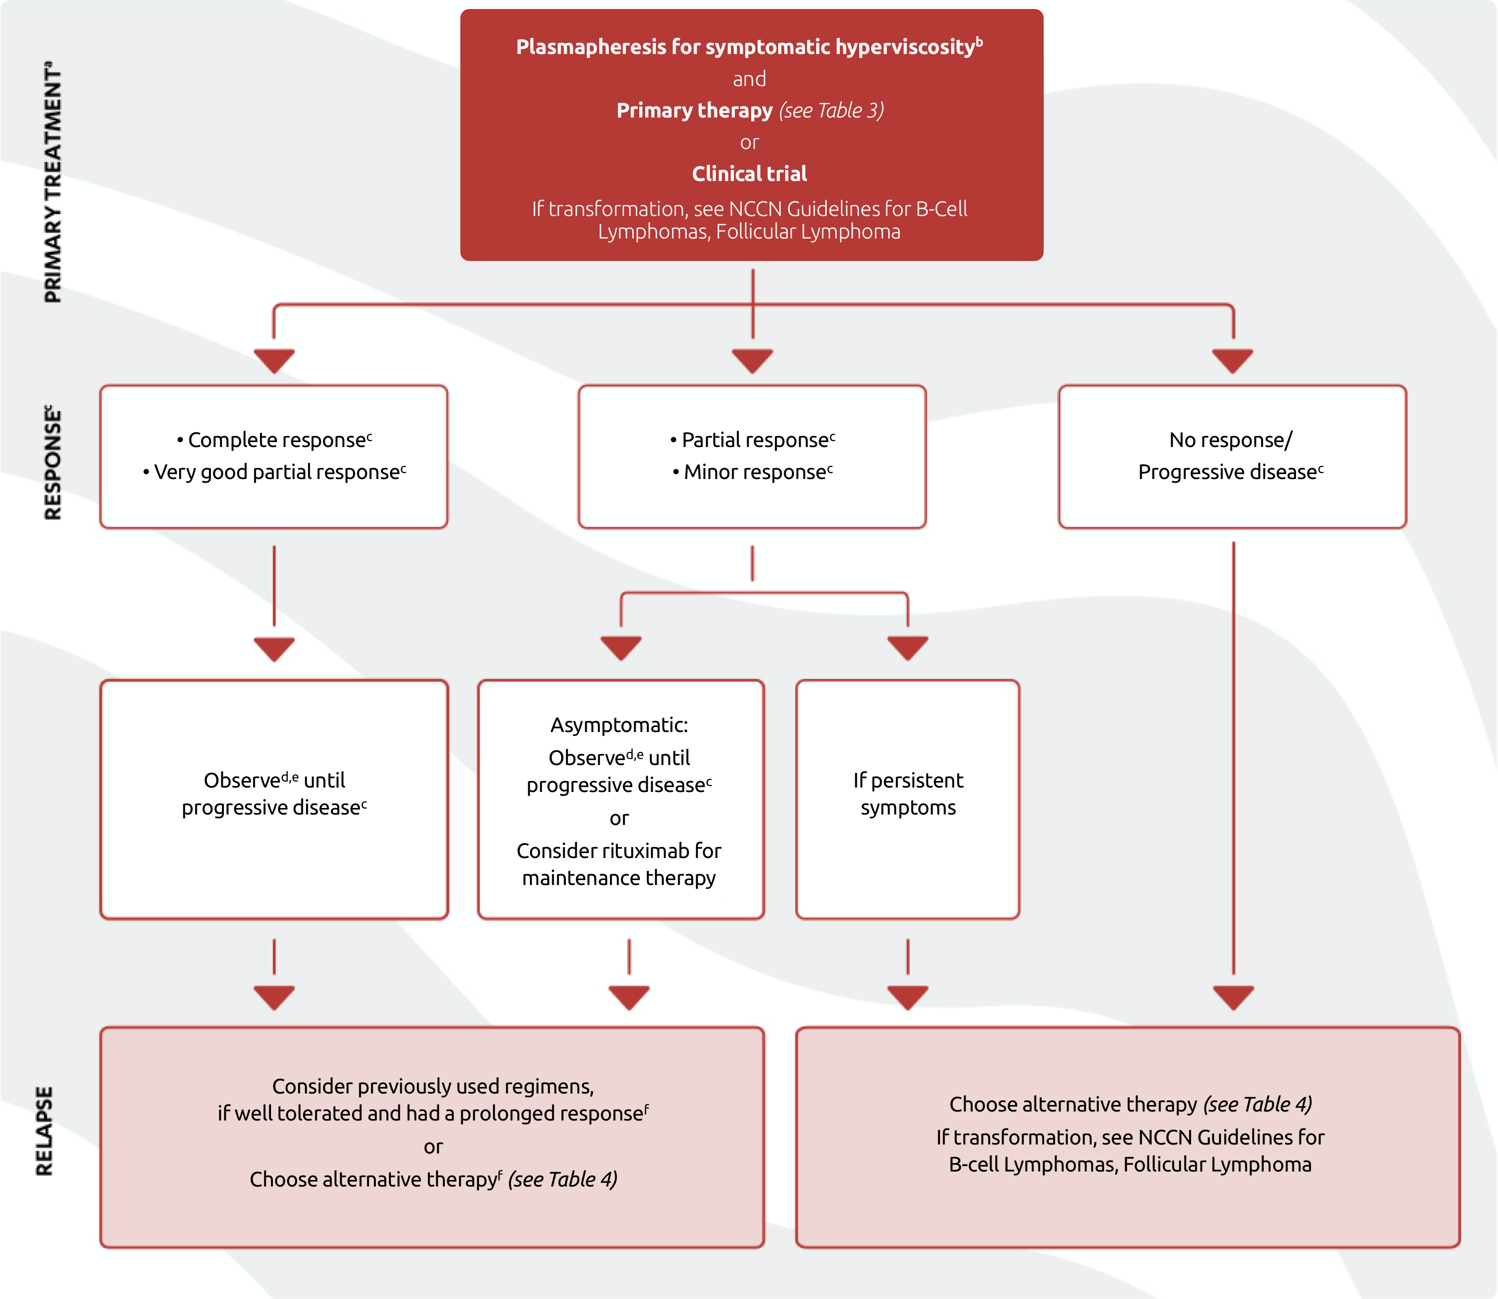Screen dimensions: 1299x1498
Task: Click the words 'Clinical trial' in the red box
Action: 749,174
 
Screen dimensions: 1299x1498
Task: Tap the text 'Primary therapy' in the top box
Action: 694,110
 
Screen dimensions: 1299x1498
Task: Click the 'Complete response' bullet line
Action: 275,440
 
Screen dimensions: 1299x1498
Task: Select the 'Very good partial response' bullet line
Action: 275,472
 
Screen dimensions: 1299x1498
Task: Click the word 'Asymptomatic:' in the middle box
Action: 619,725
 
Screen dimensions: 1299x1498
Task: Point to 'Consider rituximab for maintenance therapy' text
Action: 619,864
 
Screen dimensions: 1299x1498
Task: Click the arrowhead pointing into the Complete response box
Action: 274,360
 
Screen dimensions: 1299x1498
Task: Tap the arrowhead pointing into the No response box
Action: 1232,360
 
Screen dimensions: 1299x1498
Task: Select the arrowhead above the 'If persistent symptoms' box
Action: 907,647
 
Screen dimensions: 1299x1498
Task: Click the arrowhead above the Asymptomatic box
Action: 621,647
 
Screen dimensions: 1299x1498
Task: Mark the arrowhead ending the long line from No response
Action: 1233,996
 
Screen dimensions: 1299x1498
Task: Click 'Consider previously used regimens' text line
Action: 433,1086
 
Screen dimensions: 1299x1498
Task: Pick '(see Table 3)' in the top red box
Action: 831,110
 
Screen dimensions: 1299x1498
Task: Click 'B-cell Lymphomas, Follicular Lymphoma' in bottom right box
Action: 1130,1164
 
